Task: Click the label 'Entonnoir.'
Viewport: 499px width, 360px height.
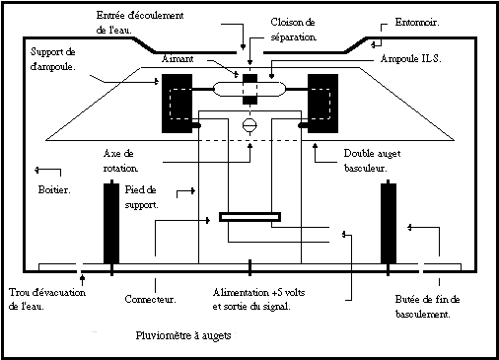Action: click(x=417, y=23)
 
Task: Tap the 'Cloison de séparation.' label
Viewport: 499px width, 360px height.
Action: click(x=293, y=30)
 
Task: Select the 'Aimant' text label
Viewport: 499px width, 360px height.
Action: click(x=178, y=59)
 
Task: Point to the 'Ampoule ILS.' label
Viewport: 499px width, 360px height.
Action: click(x=410, y=58)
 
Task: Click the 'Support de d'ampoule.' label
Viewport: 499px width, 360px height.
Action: click(x=53, y=59)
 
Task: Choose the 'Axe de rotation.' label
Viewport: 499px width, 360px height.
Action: click(x=120, y=161)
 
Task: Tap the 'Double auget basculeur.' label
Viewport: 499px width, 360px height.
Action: click(x=372, y=161)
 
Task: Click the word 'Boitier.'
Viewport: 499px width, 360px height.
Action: click(x=54, y=189)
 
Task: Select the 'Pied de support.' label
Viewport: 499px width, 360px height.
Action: click(x=141, y=197)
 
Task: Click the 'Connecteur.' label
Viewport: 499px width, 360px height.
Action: click(x=150, y=299)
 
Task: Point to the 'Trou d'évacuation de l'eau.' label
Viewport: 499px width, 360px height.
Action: click(x=47, y=299)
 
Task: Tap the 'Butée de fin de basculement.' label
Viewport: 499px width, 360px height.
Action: click(x=427, y=307)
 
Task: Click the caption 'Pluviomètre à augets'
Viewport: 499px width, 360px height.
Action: click(x=183, y=335)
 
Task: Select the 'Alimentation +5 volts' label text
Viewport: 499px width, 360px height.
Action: click(x=258, y=292)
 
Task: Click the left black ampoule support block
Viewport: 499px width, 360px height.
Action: click(x=178, y=104)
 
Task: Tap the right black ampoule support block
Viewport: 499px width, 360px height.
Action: click(x=322, y=104)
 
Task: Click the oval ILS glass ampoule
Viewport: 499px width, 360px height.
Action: click(x=249, y=89)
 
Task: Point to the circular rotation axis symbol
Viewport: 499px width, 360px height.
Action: click(x=249, y=125)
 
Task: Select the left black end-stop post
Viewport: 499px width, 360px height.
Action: click(x=111, y=224)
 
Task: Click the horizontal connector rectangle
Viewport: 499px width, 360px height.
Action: click(x=249, y=217)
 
